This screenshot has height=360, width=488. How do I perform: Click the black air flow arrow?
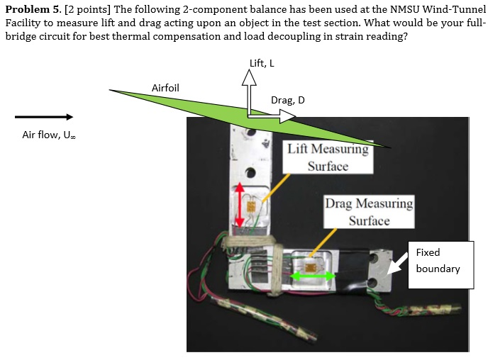[x=44, y=117]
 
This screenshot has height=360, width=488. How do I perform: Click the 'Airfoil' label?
[x=165, y=88]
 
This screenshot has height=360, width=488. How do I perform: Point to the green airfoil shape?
[x=213, y=106]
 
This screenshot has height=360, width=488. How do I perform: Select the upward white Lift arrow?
[x=249, y=92]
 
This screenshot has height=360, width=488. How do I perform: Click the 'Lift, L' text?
[x=262, y=63]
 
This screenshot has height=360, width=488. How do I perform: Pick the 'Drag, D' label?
[x=288, y=100]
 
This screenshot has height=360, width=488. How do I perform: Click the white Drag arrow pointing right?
[x=277, y=116]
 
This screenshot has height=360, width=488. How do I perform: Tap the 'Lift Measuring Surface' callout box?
[x=327, y=157]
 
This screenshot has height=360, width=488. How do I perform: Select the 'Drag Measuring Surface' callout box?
[x=369, y=212]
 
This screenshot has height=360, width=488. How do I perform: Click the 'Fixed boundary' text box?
[x=440, y=264]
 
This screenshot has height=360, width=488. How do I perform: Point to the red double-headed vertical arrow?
[x=240, y=205]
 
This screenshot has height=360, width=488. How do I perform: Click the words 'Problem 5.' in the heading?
[x=32, y=9]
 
